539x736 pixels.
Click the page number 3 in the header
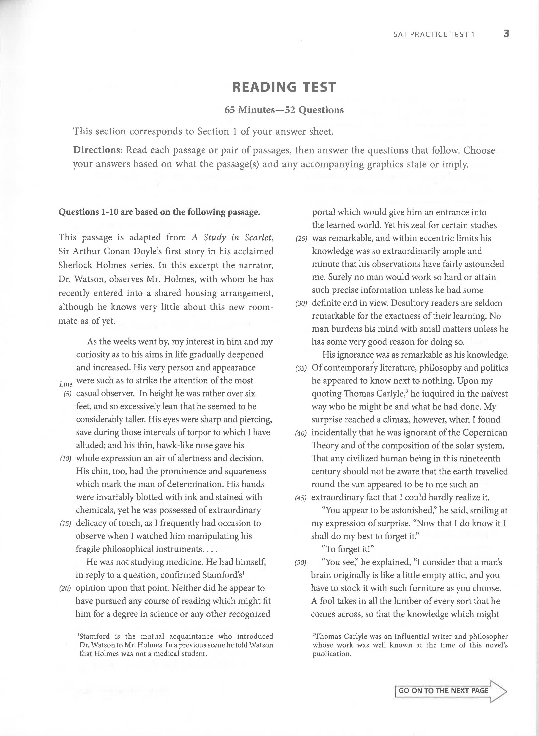(506, 34)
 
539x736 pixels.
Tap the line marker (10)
(66, 459)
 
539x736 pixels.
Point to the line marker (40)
(301, 433)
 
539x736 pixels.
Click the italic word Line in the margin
(66, 384)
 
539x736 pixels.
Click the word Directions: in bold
(98, 150)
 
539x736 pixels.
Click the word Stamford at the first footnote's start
(95, 636)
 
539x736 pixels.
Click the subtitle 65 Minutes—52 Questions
(284, 110)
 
